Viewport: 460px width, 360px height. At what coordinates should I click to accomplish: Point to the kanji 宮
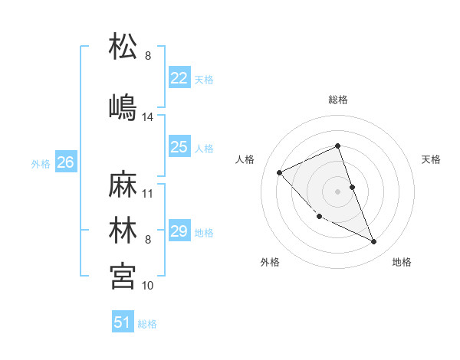click(x=123, y=274)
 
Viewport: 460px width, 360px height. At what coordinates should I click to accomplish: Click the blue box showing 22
click(x=179, y=78)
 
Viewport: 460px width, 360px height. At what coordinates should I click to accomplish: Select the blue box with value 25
click(x=179, y=148)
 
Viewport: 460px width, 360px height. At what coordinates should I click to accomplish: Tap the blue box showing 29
click(x=179, y=231)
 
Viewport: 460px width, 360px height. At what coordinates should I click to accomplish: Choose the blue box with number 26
click(x=65, y=162)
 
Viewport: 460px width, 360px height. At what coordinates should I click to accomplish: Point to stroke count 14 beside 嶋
click(x=148, y=117)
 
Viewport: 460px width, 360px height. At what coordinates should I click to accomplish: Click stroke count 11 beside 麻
click(x=148, y=194)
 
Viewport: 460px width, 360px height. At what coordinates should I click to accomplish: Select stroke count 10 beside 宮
click(x=148, y=285)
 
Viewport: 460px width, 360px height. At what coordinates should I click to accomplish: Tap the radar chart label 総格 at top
click(x=338, y=100)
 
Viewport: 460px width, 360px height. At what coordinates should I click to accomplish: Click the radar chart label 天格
click(x=431, y=159)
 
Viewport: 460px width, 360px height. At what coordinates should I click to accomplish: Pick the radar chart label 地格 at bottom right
click(x=402, y=262)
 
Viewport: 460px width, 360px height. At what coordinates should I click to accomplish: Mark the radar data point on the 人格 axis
click(x=280, y=172)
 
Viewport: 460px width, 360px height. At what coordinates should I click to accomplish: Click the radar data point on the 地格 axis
click(x=374, y=242)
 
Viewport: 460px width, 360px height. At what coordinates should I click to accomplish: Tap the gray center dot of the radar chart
click(x=338, y=191)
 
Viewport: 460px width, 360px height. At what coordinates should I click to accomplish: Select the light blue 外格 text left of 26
click(x=40, y=163)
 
